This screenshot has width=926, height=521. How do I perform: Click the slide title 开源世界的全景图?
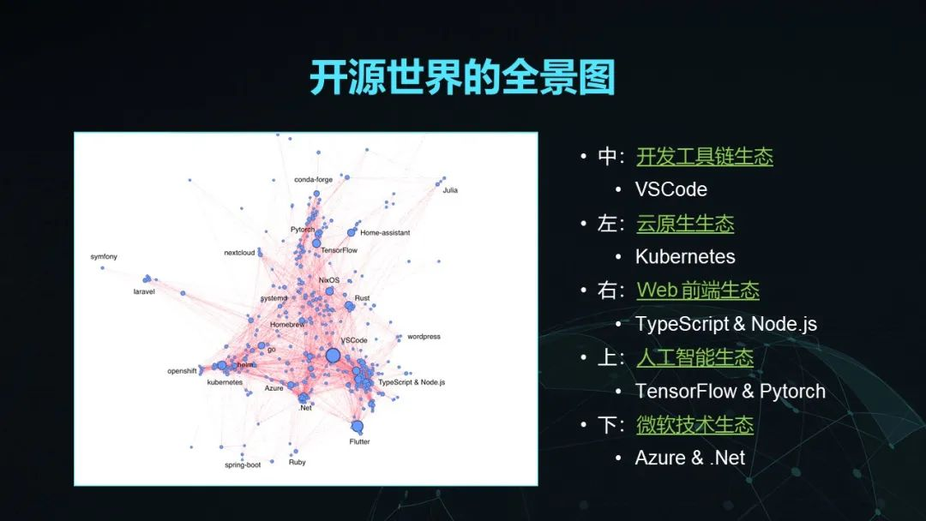pos(462,77)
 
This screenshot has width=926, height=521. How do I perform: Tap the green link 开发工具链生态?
pos(705,157)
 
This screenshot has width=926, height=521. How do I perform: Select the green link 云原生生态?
pos(685,225)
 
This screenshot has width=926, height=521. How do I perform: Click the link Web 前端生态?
pos(698,290)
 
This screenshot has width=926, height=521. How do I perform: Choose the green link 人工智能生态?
pos(695,358)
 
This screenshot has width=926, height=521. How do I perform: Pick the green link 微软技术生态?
pos(695,425)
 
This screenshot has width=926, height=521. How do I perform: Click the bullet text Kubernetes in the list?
pos(685,257)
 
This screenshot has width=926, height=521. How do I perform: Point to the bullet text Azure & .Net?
pos(689,458)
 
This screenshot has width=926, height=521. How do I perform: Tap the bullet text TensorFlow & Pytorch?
pos(730,392)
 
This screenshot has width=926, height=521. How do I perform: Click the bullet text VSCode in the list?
pos(670,189)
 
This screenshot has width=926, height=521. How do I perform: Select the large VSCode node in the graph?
pos(333,356)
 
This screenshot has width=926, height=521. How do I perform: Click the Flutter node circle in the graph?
pos(357,426)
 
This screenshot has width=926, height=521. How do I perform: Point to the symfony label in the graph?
pos(104,257)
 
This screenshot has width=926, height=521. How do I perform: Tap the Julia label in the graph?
pos(450,190)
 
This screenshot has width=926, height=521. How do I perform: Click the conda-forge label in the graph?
pos(314,179)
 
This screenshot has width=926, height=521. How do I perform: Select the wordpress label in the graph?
pos(424,336)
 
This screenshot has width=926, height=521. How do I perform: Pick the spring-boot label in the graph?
pos(243,465)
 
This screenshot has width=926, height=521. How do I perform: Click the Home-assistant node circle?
pos(352,232)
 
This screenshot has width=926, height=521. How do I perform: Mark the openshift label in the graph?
pos(182,371)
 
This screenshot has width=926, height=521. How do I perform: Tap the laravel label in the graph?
pos(144,291)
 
